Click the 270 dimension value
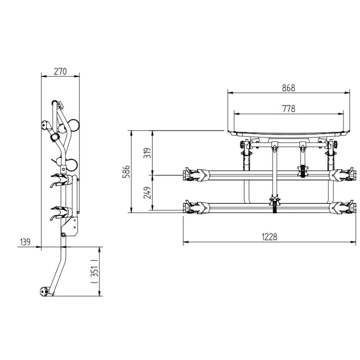click(60, 72)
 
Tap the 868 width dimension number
click(288, 88)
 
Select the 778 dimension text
click(288, 108)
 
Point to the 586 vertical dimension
click(126, 171)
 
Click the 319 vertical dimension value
click(147, 153)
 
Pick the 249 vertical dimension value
click(147, 193)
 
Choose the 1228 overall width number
click(269, 237)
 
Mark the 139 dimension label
click(25, 242)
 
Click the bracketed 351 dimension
click(94, 271)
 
